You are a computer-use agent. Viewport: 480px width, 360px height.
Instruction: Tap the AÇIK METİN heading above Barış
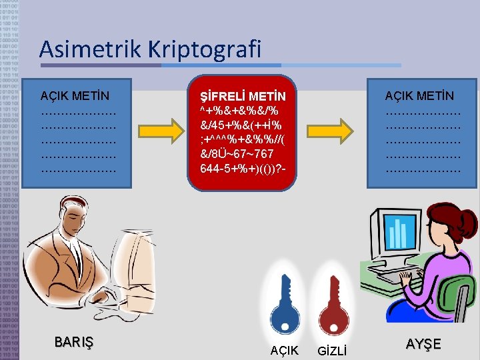click(x=75, y=97)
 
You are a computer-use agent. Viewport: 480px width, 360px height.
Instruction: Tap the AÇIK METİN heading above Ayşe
click(x=419, y=97)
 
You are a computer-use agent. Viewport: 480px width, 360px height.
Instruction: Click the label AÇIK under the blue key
click(x=285, y=350)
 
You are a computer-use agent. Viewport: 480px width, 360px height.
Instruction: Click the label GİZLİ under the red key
click(x=332, y=350)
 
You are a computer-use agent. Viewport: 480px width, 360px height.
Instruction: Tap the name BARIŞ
click(x=74, y=343)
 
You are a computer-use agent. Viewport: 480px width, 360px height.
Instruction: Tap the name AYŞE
click(x=423, y=344)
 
